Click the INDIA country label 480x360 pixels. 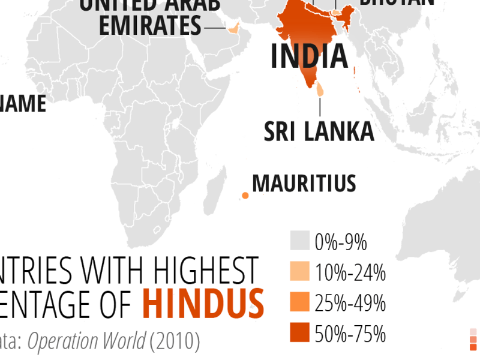pyautogui.click(x=309, y=55)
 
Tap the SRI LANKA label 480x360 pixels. pyautogui.click(x=319, y=131)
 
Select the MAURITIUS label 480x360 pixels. pyautogui.click(x=304, y=183)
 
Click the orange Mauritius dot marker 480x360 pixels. pyautogui.click(x=245, y=195)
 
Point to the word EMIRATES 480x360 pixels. pyautogui.click(x=149, y=26)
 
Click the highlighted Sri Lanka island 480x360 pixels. pyautogui.click(x=320, y=90)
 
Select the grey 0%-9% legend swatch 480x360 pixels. pyautogui.click(x=299, y=241)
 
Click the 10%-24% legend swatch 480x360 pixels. pyautogui.click(x=299, y=272)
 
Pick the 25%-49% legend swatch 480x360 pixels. pyautogui.click(x=299, y=302)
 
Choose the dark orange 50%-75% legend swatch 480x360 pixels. pyautogui.click(x=299, y=332)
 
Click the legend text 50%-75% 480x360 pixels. pyautogui.click(x=350, y=334)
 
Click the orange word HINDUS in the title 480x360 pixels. pyautogui.click(x=203, y=304)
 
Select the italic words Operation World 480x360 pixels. pyautogui.click(x=86, y=341)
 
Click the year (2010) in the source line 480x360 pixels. pyautogui.click(x=175, y=341)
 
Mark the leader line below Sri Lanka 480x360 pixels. pyautogui.click(x=320, y=107)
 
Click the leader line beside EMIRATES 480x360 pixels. pyautogui.click(x=214, y=28)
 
